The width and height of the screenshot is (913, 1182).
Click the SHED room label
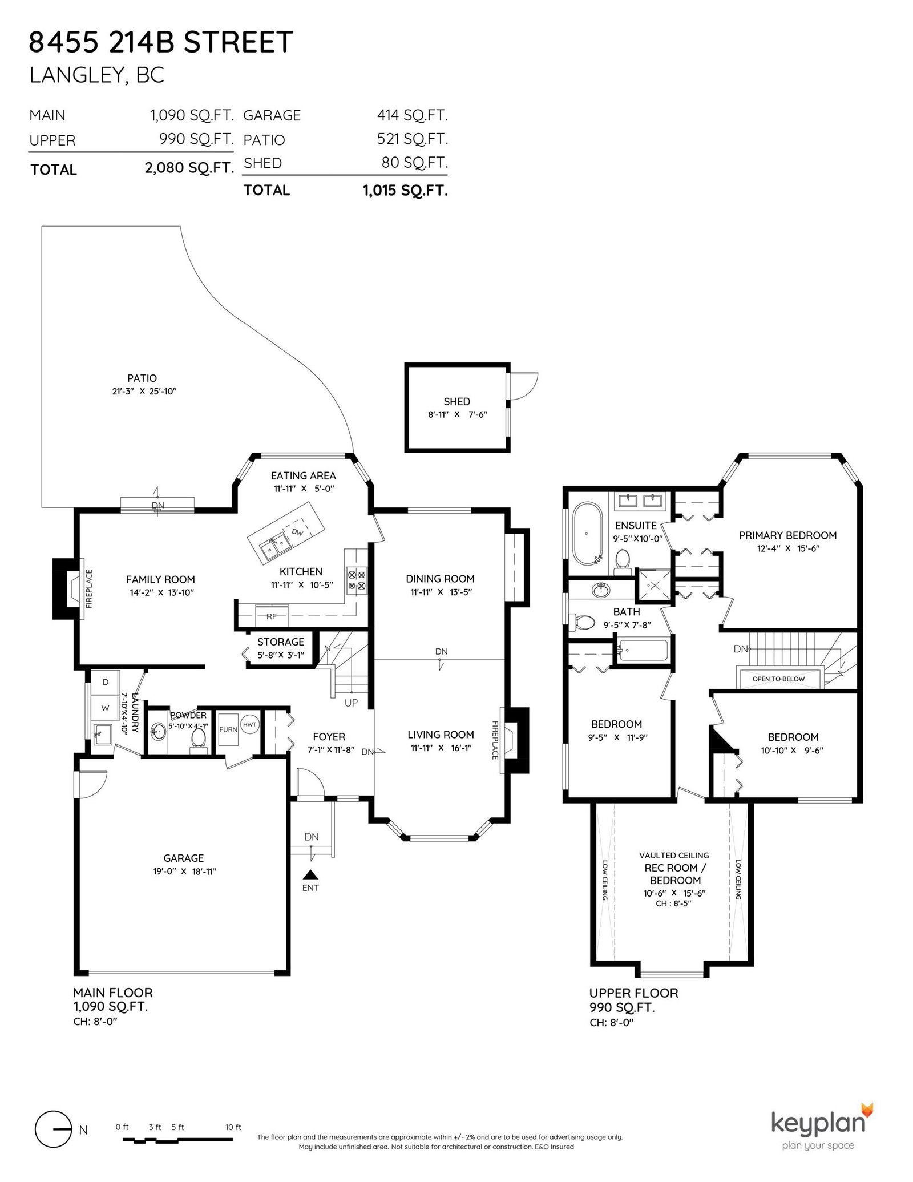457,401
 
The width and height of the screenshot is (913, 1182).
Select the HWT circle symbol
250,725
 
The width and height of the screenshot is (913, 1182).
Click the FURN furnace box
228,729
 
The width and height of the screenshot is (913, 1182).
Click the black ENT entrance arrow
310,874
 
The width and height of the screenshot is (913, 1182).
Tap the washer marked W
105,708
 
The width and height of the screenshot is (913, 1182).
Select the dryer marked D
106,682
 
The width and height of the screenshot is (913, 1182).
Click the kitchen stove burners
356,580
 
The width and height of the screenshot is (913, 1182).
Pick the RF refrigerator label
272,616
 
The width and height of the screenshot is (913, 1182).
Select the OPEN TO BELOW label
778,679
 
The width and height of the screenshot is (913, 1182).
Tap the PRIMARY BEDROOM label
787,535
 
